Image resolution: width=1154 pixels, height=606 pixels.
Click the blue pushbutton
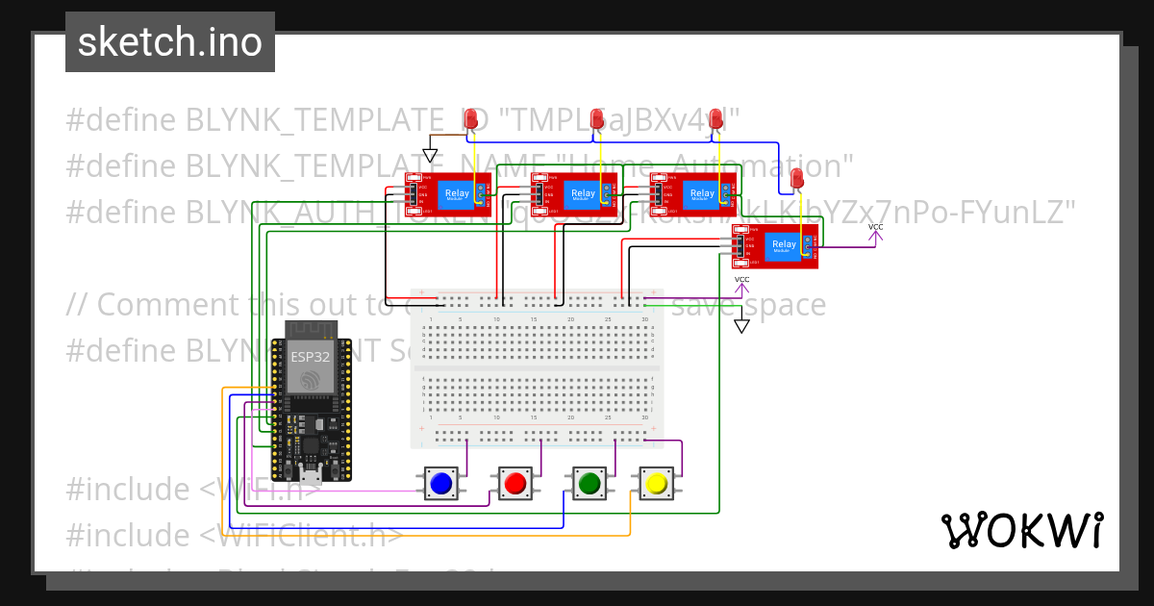[441, 483]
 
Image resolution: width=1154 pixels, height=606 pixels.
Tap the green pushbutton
[588, 483]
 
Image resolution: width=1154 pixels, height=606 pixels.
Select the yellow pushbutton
[656, 483]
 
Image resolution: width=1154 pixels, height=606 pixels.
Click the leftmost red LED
[471, 119]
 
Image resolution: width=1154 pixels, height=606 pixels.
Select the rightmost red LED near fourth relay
[796, 178]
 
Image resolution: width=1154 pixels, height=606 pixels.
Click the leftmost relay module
[448, 192]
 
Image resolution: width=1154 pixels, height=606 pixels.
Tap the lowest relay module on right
[775, 245]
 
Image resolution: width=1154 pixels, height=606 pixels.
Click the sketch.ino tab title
[170, 42]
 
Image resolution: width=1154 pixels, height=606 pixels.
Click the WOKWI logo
[1021, 530]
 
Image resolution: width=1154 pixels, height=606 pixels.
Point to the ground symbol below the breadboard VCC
[741, 325]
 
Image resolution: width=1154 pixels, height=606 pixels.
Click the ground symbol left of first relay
[430, 155]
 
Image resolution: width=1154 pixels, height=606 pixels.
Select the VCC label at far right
[875, 228]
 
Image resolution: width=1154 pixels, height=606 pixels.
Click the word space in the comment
[786, 305]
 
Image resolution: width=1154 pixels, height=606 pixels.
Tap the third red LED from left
[715, 118]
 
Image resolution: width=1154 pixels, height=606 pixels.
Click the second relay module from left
[574, 192]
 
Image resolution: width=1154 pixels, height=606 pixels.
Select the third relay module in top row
[693, 192]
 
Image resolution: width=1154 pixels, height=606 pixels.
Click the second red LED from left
[597, 118]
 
